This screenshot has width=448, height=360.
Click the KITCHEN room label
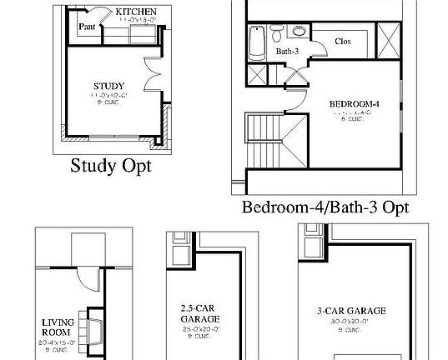135,12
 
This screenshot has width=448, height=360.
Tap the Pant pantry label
87,27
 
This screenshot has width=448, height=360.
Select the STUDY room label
108,85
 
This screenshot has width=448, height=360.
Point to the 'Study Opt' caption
111,163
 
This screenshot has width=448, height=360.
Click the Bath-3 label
287,52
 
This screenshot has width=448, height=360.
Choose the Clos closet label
343,41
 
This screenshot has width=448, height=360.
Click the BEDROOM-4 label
355,103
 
